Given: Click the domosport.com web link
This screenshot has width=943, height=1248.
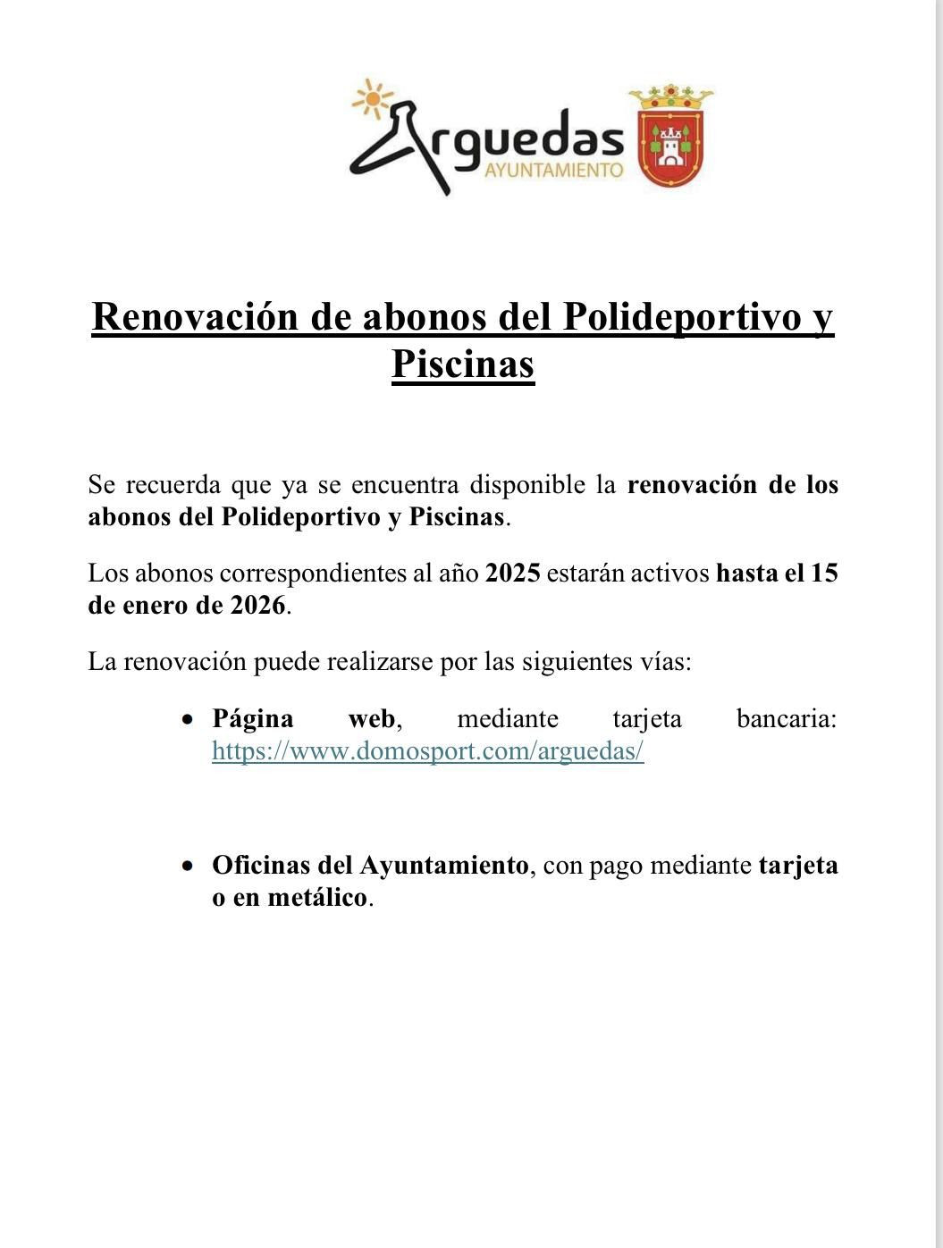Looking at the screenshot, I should (x=427, y=751).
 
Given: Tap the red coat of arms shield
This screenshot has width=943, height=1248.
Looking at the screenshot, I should (x=671, y=147).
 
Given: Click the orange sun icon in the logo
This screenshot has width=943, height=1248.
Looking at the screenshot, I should (x=371, y=97).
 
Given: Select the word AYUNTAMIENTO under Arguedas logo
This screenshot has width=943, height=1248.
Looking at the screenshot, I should (x=552, y=170).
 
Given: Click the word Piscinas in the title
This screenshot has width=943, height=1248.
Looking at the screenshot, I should (x=463, y=364).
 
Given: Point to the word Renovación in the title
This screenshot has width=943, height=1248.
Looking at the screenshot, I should (x=196, y=317).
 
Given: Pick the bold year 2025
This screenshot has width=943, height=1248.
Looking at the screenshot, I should (x=512, y=573).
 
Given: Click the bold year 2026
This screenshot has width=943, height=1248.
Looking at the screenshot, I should (x=257, y=605).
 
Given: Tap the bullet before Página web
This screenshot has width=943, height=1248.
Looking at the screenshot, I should (x=187, y=719).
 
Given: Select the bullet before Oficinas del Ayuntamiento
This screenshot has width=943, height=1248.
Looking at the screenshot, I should (x=187, y=866).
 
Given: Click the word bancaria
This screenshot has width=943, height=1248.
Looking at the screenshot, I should (x=787, y=718).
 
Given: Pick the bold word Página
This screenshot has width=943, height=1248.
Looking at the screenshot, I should (x=252, y=718).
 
